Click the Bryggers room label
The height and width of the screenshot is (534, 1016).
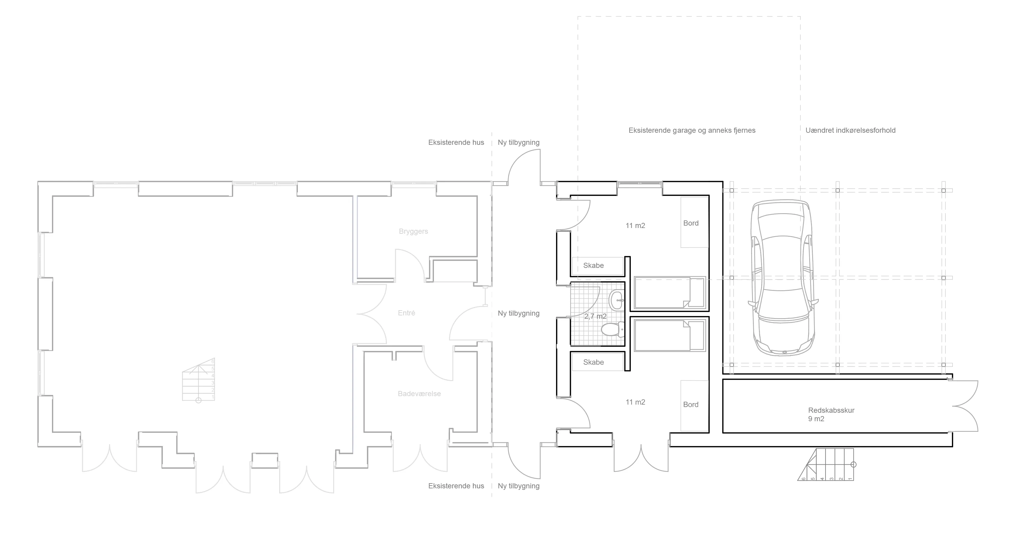click(x=413, y=232)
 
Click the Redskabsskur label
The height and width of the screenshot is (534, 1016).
click(x=831, y=410)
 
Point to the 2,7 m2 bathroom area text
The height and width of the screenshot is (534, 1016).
click(x=595, y=316)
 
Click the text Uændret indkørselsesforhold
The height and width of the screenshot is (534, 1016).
click(x=850, y=131)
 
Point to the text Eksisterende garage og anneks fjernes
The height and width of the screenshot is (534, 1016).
click(x=692, y=131)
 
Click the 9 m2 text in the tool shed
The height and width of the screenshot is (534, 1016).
click(x=816, y=419)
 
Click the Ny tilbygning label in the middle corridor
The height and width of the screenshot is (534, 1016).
click(x=518, y=314)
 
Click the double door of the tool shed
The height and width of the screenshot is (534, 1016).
click(x=966, y=406)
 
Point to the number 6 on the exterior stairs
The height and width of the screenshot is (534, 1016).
click(x=803, y=479)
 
